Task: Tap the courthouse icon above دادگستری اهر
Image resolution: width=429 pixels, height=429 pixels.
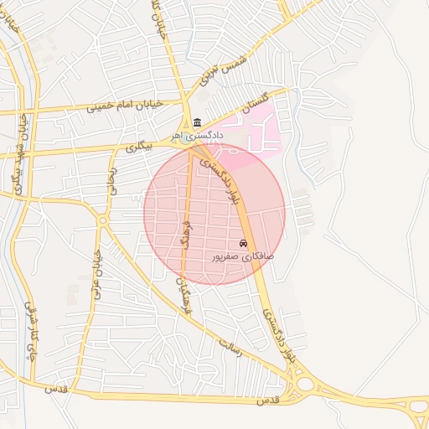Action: coord(197,122)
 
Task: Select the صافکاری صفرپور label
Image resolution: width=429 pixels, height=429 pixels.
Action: coord(242,256)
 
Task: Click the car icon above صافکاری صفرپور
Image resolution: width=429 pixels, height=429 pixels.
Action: coord(243,243)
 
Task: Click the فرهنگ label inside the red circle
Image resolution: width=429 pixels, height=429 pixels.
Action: coord(187,235)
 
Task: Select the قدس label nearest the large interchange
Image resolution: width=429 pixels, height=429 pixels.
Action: coord(266,401)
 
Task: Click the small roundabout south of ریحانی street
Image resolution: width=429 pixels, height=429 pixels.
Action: coord(102,220)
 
